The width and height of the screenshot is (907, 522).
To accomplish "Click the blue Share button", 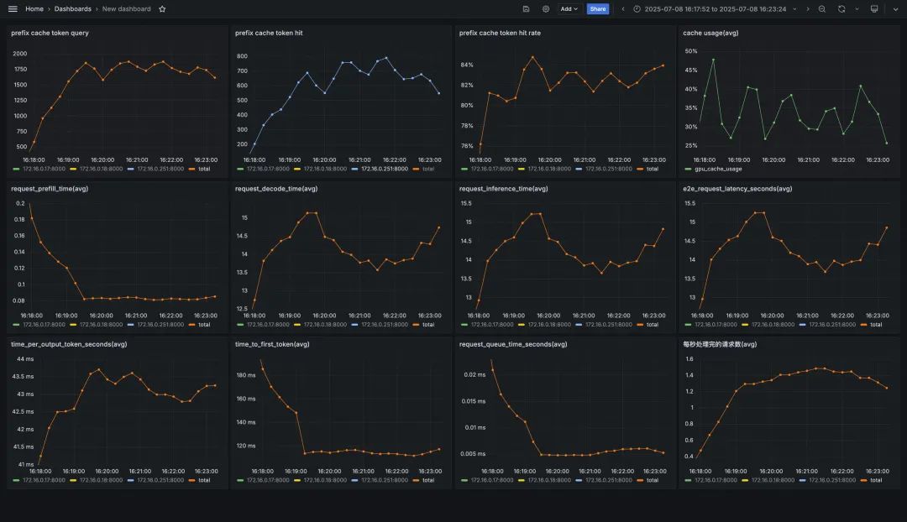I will click(597, 8).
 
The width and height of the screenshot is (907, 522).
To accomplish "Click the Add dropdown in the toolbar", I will click(569, 8).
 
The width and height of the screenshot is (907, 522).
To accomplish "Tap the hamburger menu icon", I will click(13, 8).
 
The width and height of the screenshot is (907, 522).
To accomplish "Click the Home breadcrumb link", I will click(34, 8).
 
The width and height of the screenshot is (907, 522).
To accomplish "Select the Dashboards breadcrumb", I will click(73, 8).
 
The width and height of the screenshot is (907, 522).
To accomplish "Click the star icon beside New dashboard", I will click(162, 8).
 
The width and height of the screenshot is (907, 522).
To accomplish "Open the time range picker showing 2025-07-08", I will click(715, 8).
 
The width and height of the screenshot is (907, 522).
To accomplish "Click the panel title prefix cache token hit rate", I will click(500, 33).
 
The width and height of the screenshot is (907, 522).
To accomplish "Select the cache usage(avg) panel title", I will click(710, 33).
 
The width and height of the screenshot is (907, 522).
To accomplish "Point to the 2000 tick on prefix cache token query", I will click(20, 53).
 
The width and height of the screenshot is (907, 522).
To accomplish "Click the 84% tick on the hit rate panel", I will click(467, 65).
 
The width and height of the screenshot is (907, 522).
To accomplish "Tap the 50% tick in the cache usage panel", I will click(691, 51).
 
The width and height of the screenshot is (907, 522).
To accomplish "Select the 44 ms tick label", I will click(26, 359).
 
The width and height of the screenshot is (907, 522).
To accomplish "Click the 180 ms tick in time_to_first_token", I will click(246, 375).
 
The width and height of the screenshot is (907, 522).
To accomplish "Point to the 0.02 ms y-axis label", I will click(474, 374).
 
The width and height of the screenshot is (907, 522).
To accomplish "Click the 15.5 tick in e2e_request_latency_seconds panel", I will click(690, 203).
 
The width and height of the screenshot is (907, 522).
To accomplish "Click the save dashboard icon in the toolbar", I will click(526, 8).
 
